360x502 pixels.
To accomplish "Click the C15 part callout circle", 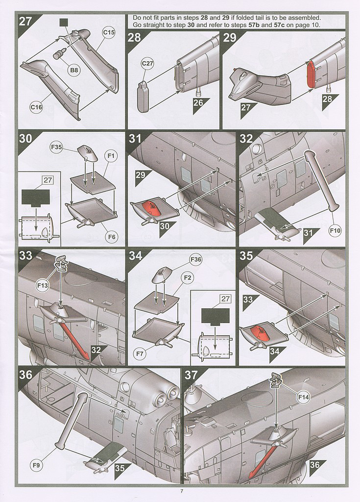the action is [109, 32].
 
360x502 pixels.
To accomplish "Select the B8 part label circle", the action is [74, 71].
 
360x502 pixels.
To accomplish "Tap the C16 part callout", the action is [36, 107].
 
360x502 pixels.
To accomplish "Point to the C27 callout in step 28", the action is [147, 63].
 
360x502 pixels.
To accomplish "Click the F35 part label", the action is [56, 148].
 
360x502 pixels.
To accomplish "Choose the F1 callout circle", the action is [111, 156].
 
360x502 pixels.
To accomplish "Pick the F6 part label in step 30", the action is [111, 237].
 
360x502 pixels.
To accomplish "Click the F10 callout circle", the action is [335, 230].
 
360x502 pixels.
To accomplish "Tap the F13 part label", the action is [43, 285].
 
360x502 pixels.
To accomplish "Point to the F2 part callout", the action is [188, 277].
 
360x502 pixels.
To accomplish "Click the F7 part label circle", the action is [140, 354].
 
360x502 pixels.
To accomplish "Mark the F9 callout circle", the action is [36, 465].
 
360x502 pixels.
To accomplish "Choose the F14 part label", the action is [303, 397].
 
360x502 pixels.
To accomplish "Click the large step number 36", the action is [25, 375].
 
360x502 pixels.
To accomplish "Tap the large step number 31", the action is [135, 139].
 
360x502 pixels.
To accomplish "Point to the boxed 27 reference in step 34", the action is [225, 299].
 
